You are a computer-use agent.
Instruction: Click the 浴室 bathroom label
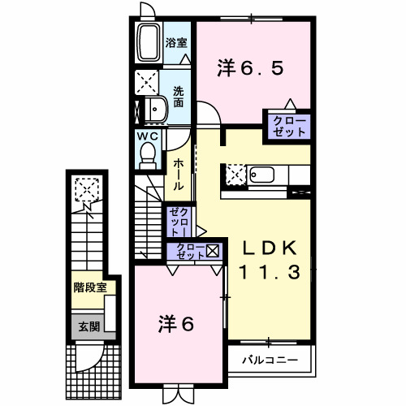tap(176, 42)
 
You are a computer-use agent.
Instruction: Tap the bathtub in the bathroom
tap(149, 43)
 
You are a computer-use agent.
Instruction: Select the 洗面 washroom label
tap(178, 97)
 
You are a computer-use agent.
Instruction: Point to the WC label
tap(147, 136)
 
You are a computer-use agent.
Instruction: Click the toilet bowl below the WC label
tap(148, 154)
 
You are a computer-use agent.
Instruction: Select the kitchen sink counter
tap(268, 175)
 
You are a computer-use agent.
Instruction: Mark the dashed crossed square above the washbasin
tap(149, 82)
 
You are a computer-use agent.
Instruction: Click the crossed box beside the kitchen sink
tap(235, 175)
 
